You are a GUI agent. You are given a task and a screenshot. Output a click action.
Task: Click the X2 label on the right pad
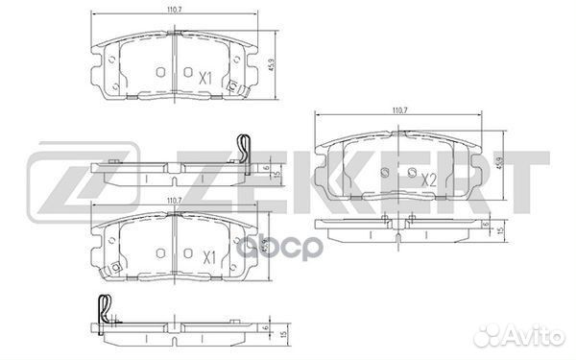coord(429,179)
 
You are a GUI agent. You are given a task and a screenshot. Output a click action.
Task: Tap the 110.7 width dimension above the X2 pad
coord(401,113)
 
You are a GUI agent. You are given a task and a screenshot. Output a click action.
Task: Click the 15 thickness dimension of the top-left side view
coord(276,173)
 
